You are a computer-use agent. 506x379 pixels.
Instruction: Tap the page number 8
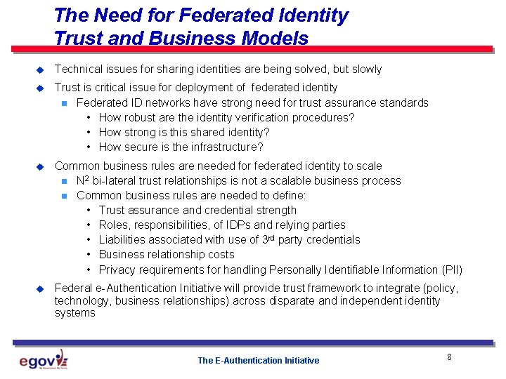click(449, 357)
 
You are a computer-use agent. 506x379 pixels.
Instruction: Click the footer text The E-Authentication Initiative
click(258, 361)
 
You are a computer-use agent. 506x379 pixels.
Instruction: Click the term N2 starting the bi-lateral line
click(82, 180)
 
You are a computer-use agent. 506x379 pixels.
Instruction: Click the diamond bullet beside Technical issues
click(40, 69)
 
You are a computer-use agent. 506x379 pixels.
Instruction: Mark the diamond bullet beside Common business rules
click(40, 166)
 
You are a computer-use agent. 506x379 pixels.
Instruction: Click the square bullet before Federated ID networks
click(64, 103)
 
